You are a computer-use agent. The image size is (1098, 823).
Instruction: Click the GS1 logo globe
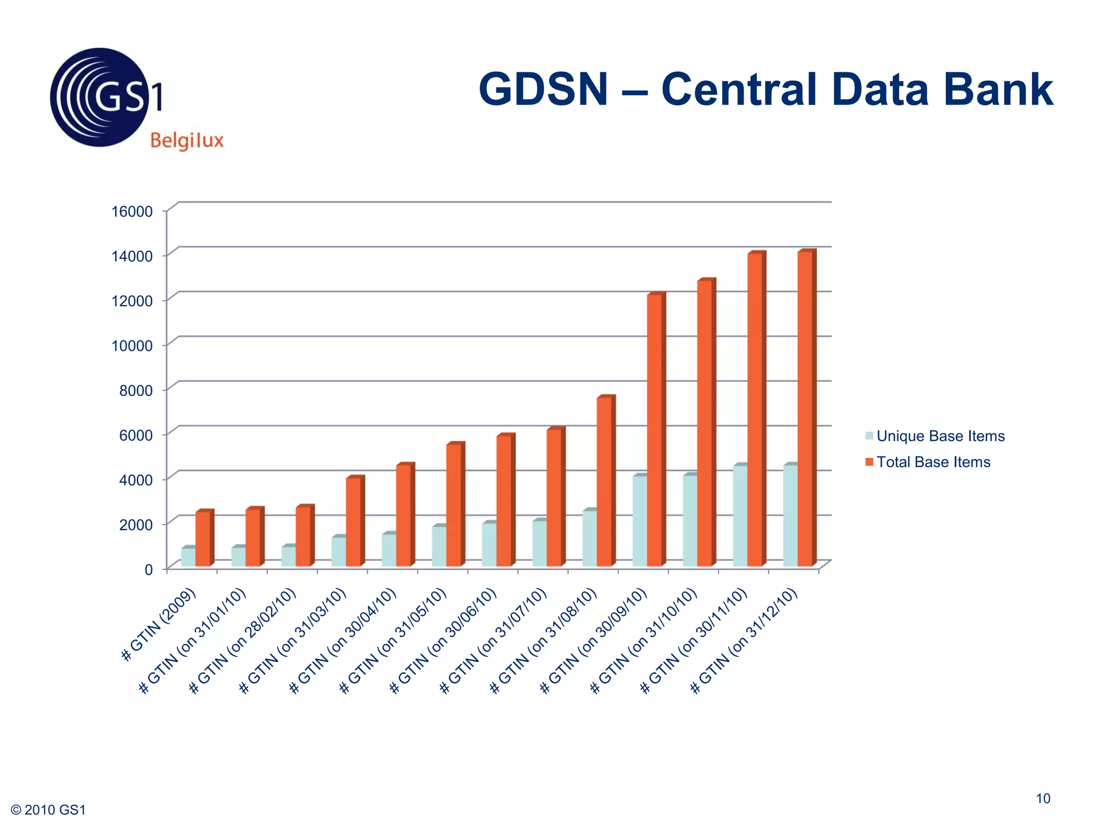[99, 98]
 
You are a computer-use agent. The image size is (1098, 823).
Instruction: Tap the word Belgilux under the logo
[187, 141]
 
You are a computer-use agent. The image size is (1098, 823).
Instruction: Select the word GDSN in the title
[543, 89]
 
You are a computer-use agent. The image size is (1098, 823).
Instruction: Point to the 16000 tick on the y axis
[132, 211]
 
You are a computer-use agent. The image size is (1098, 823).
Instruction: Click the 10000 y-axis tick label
[132, 346]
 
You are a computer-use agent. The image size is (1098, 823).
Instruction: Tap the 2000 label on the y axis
[136, 525]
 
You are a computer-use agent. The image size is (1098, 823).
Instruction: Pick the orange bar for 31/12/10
[805, 407]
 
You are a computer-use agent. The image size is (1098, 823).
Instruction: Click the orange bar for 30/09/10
[654, 429]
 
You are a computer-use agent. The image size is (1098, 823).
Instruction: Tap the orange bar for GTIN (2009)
[203, 538]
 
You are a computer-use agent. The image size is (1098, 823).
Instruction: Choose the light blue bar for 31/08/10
[589, 538]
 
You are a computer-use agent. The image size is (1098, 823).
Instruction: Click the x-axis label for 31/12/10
[744, 641]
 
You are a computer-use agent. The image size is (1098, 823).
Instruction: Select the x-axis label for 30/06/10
[443, 641]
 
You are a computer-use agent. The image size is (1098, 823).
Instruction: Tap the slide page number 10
[1043, 798]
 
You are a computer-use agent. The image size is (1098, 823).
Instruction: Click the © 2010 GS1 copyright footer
[48, 810]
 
